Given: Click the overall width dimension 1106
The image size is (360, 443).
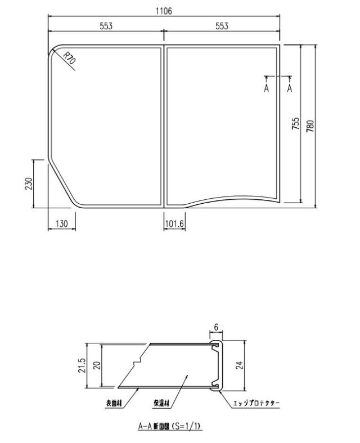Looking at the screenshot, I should pyautogui.click(x=164, y=11).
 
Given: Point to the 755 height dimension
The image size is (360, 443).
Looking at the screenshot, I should pyautogui.click(x=295, y=124).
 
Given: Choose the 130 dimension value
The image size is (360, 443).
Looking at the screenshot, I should pyautogui.click(x=61, y=224).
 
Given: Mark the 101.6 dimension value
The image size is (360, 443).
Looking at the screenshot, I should pyautogui.click(x=175, y=224).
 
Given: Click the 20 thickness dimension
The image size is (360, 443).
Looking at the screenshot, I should pyautogui.click(x=97, y=366).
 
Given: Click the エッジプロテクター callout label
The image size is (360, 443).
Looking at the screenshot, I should pyautogui.click(x=256, y=404).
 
